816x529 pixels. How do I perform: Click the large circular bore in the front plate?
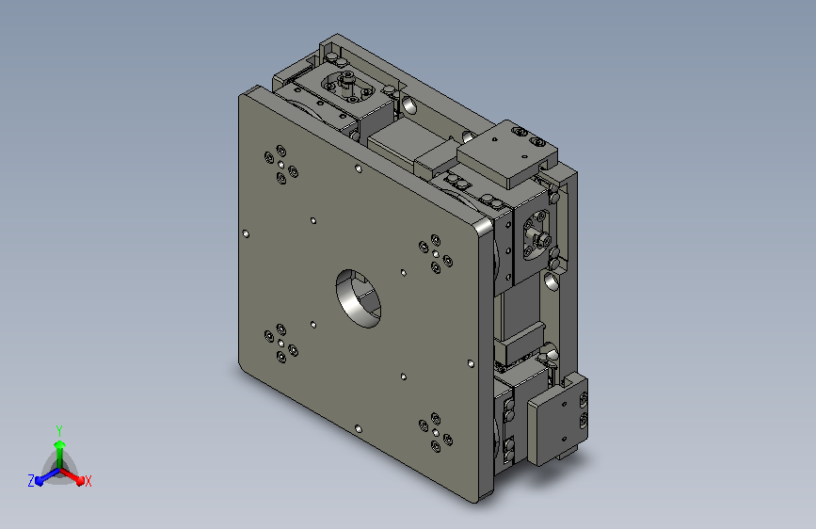358,298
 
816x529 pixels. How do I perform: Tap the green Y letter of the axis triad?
59,431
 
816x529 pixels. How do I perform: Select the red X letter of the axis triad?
88,482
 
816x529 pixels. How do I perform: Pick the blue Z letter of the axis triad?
31,481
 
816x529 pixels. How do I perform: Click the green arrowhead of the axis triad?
60,445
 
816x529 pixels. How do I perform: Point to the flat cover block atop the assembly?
507,152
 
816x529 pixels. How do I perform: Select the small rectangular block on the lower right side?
557,420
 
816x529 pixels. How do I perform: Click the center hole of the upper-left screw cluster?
281,165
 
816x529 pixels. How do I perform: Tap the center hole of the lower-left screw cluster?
281,344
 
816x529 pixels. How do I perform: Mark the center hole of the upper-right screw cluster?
436,254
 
